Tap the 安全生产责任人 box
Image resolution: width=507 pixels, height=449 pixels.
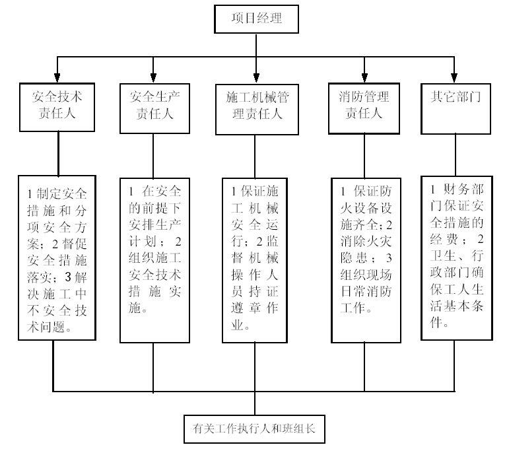pos(154,105)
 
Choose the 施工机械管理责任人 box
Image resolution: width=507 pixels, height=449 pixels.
pos(257,106)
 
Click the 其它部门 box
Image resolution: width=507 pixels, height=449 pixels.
pos(456,106)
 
